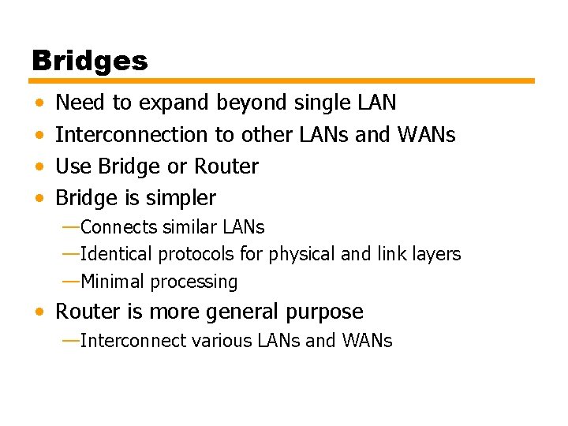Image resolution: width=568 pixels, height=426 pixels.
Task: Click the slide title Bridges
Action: [x=90, y=61]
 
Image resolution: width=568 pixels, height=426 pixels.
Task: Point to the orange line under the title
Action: [x=282, y=80]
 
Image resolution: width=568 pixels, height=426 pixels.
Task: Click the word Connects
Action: [x=119, y=227]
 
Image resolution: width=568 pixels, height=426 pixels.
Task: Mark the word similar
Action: [x=190, y=227]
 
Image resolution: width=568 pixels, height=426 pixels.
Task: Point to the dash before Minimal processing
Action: [x=70, y=281]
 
